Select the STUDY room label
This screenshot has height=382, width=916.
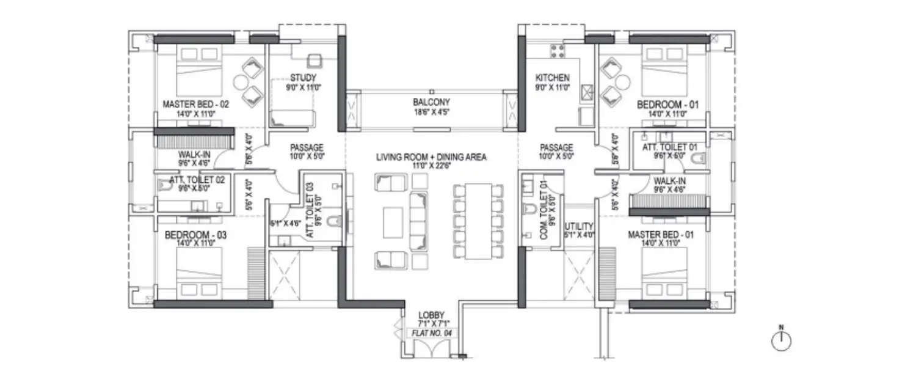[x=303, y=78]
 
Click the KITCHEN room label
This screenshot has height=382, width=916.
[x=552, y=78]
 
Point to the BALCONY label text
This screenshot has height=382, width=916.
[x=431, y=102]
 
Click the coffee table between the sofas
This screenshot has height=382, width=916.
[x=393, y=222]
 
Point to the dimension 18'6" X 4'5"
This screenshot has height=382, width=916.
[x=431, y=112]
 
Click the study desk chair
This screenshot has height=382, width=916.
[x=314, y=61]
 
